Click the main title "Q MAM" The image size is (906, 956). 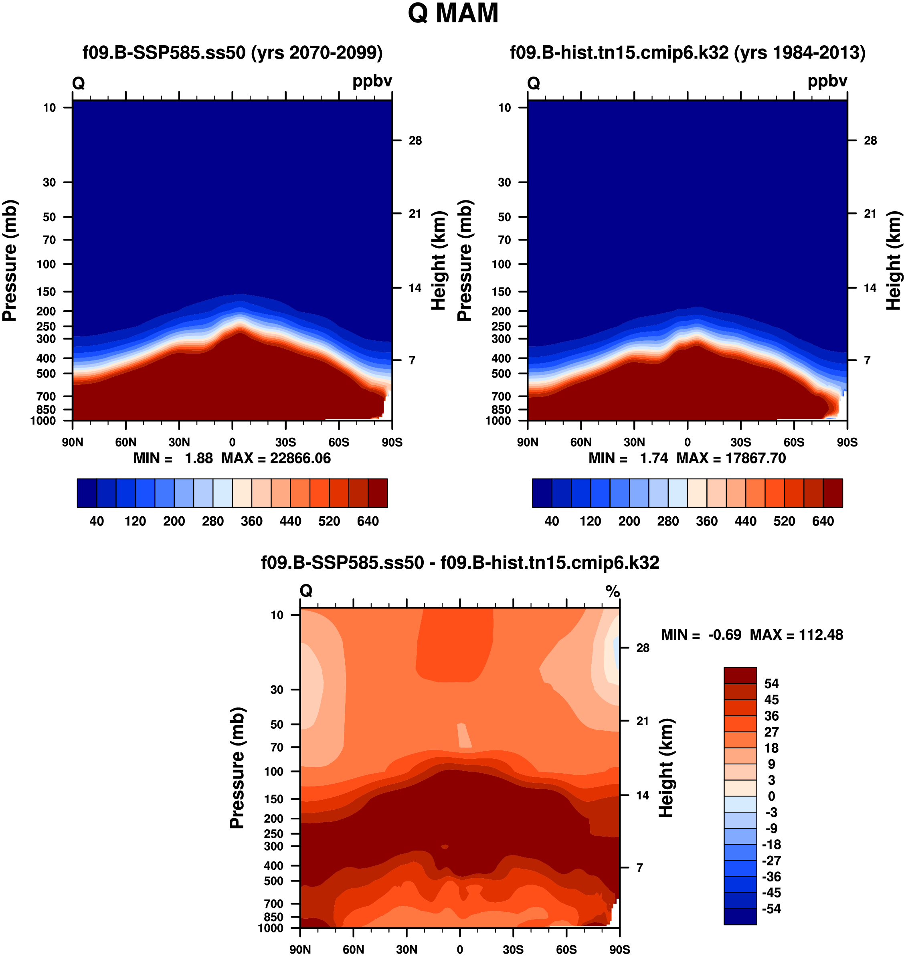(453, 14)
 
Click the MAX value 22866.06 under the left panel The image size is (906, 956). (300, 458)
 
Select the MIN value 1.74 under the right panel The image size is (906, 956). (654, 458)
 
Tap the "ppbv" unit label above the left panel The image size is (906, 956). (372, 81)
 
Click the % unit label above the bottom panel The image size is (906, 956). (613, 591)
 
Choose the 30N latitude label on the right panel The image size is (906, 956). (634, 442)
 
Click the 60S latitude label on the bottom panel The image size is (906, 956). (566, 949)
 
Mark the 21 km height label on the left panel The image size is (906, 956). (415, 213)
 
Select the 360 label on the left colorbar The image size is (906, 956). (252, 521)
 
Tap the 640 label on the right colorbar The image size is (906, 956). (823, 521)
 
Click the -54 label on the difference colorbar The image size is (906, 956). (771, 909)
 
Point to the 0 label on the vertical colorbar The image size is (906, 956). (771, 796)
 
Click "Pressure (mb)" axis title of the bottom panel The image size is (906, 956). (237, 768)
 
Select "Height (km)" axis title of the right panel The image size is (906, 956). (894, 261)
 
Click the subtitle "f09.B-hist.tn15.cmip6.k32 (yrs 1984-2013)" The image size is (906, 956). (687, 52)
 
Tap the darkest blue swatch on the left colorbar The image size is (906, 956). (87, 493)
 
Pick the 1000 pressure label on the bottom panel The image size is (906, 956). (271, 928)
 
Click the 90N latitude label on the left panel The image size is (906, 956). (73, 442)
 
